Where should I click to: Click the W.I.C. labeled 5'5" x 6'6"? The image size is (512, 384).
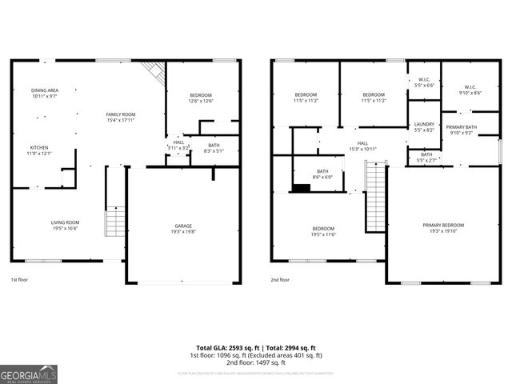(x=424, y=82)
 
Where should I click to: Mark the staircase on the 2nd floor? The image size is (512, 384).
(x=375, y=196)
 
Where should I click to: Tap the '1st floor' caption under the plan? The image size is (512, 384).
(x=19, y=280)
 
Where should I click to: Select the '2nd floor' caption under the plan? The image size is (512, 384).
(x=280, y=280)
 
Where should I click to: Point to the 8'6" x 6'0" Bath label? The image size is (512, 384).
(x=322, y=174)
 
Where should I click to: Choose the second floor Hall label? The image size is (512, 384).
(x=362, y=146)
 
